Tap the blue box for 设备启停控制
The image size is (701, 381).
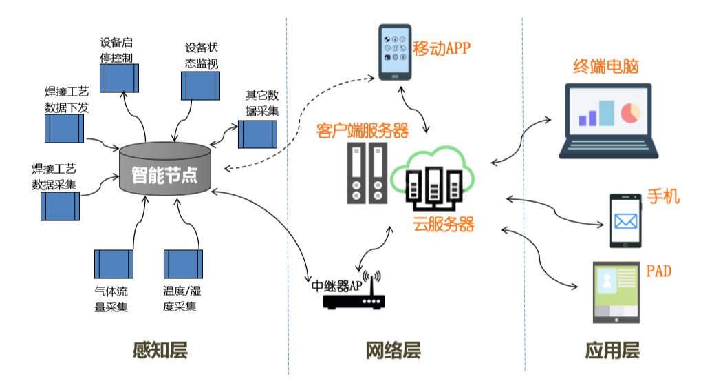pyautogui.click(x=120, y=78)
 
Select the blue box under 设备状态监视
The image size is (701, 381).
pyautogui.click(x=200, y=85)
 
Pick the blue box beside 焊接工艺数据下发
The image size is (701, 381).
pyautogui.click(x=64, y=128)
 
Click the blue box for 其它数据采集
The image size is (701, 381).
pyautogui.click(x=257, y=134)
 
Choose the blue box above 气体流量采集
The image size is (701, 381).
pyautogui.click(x=114, y=264)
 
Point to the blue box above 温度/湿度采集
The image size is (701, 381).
pyautogui.click(x=183, y=264)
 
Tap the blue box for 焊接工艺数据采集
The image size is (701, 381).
pyautogui.click(x=60, y=206)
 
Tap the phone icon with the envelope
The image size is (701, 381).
pyautogui.click(x=625, y=220)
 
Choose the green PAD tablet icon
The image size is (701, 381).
pyautogui.click(x=617, y=291)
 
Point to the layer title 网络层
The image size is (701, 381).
pyautogui.click(x=392, y=350)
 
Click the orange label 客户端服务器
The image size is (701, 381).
pyautogui.click(x=363, y=130)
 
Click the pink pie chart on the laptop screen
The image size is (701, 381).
pyautogui.click(x=630, y=112)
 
